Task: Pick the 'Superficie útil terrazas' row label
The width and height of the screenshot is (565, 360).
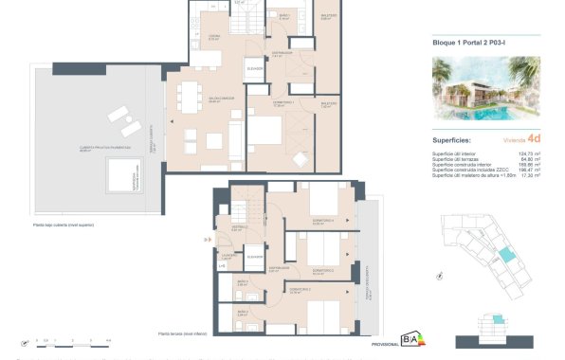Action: point(453,157)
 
